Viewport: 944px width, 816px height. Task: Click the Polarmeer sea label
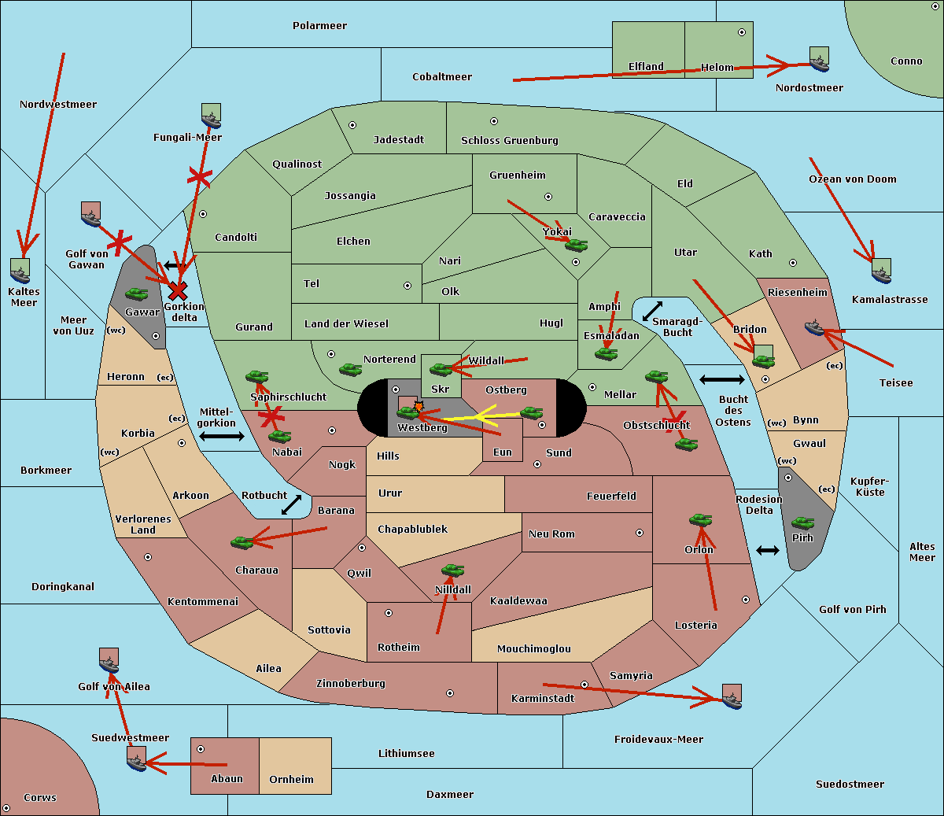319,26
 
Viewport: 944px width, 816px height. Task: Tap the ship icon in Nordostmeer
819,61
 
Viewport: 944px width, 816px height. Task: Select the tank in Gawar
137,294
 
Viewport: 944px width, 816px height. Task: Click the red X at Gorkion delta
178,290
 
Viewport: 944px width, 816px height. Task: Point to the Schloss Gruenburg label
509,141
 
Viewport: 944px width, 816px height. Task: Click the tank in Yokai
577,246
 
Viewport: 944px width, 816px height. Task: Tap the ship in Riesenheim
814,327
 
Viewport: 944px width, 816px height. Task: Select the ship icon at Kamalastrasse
881,271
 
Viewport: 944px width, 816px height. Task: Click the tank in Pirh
802,523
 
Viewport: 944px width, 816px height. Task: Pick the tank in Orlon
699,520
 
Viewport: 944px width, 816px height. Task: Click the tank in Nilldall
452,570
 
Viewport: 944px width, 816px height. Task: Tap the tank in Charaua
242,541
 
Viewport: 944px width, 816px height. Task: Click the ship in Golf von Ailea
109,662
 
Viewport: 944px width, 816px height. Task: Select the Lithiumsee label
406,754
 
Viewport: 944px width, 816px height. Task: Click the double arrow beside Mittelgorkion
222,436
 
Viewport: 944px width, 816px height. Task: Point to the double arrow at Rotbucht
291,504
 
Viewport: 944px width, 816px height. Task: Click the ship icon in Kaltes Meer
20,271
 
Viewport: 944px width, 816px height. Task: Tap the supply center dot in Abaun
201,749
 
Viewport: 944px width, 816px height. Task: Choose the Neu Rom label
551,534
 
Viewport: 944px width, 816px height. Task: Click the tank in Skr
441,368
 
